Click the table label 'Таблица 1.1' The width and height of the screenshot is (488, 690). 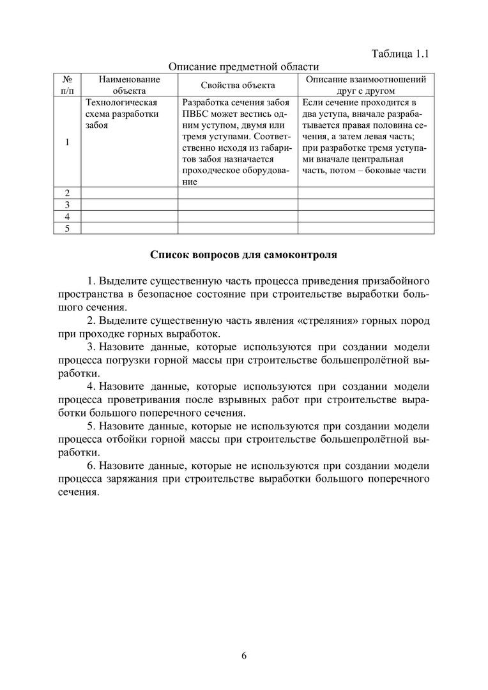tap(400, 54)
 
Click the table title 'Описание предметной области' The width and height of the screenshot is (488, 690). tap(243, 66)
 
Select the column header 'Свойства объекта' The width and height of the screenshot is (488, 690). tap(238, 85)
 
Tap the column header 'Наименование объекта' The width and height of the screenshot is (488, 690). tap(129, 85)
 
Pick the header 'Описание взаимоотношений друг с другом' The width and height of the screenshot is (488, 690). tap(365, 85)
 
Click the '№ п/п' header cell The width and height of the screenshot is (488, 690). tap(67, 85)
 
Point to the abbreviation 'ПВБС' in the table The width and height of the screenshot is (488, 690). tap(195, 114)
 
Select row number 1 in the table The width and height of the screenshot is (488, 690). tap(67, 142)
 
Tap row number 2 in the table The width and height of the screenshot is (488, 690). tap(67, 193)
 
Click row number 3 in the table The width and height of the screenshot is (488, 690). tap(67, 205)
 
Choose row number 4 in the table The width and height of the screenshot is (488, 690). tap(67, 217)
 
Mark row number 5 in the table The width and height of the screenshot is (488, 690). tap(67, 229)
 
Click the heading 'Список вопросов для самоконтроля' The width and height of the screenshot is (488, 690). tap(243, 254)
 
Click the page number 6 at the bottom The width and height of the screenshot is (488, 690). tap(244, 655)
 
